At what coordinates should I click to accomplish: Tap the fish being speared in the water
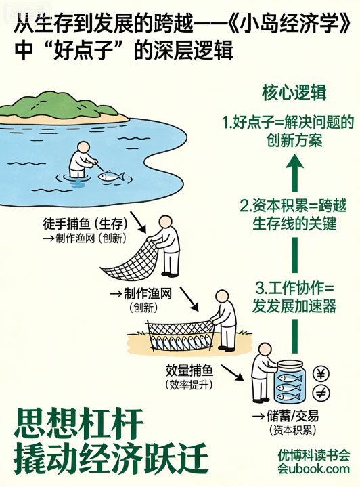pyautogui.click(x=111, y=176)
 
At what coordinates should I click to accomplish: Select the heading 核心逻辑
pyautogui.click(x=294, y=92)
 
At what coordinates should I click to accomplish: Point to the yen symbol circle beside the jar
pyautogui.click(x=321, y=374)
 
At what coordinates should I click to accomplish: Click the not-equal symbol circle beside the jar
pyautogui.click(x=321, y=394)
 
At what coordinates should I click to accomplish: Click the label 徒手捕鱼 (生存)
pyautogui.click(x=85, y=224)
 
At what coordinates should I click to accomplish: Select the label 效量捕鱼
pyautogui.click(x=189, y=370)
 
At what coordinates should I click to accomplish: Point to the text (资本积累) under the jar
pyautogui.click(x=293, y=430)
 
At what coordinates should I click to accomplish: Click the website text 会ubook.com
pyautogui.click(x=314, y=469)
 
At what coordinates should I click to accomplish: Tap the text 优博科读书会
pyautogui.click(x=314, y=455)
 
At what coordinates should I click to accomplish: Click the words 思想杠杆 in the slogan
pyautogui.click(x=78, y=423)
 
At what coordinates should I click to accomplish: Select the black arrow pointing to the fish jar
pyautogui.click(x=232, y=373)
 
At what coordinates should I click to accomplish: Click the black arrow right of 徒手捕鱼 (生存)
pyautogui.click(x=138, y=222)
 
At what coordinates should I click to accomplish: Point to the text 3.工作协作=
pyautogui.click(x=294, y=289)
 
